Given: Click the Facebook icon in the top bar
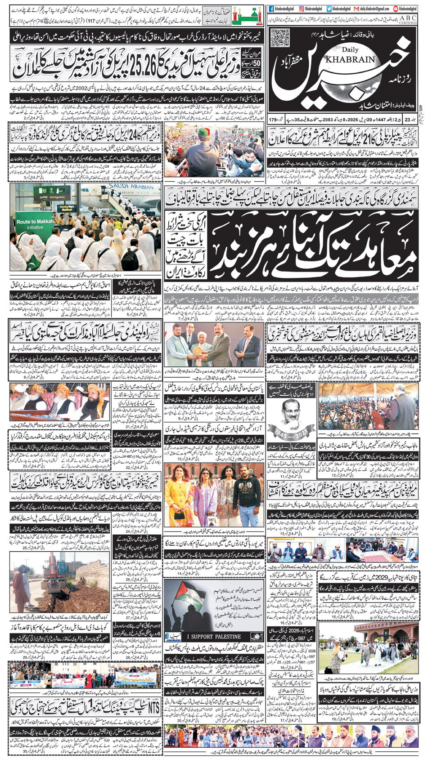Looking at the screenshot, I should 271,9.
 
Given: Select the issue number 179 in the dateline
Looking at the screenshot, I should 272,120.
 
